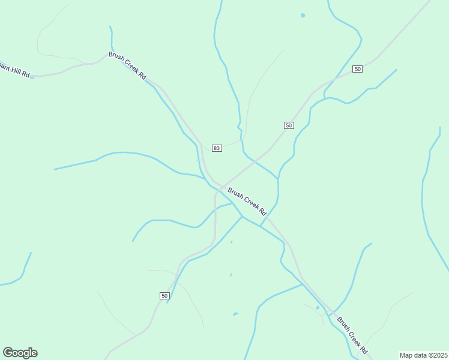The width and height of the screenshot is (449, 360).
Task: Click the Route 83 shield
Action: (217, 148)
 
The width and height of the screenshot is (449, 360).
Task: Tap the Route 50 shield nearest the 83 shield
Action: (289, 125)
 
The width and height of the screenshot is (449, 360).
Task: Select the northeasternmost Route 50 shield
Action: (358, 69)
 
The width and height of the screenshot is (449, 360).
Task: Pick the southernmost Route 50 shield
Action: (165, 295)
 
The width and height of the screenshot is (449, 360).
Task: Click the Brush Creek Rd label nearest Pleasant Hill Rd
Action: (127, 65)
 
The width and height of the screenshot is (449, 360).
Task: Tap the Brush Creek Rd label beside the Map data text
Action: (352, 335)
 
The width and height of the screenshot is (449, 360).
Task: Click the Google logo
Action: (20, 353)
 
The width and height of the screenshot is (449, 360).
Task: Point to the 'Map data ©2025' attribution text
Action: (424, 355)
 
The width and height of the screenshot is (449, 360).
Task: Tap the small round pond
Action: (303, 15)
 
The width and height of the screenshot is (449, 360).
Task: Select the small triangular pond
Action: (235, 314)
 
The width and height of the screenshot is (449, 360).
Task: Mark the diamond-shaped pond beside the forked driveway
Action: (318, 308)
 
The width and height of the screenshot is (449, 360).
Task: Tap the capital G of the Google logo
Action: (8, 352)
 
